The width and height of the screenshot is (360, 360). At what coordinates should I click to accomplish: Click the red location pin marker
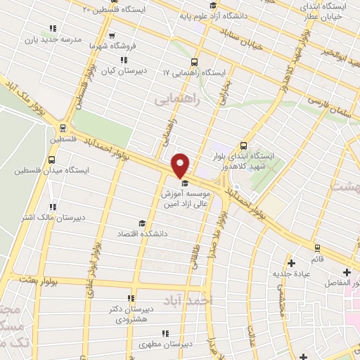pos(180,165)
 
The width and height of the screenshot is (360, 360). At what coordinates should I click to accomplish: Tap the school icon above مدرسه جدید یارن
pos(53,29)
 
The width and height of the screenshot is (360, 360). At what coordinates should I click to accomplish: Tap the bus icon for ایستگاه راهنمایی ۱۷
pos(194,62)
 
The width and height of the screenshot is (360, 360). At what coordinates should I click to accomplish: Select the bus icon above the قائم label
pos(317,247)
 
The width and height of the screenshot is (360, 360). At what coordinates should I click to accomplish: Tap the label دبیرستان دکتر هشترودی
pos(130,314)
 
